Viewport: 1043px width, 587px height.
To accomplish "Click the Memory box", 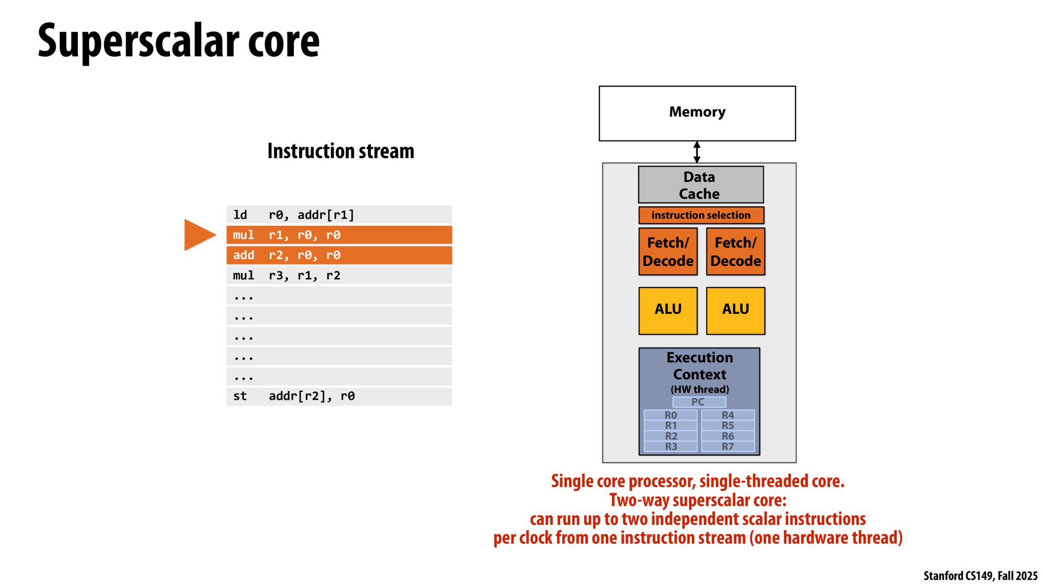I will point(697,113).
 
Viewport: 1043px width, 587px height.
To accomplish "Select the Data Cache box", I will point(700,185).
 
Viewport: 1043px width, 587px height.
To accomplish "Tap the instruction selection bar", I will point(701,215).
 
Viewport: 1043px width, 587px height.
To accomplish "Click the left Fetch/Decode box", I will point(667,251).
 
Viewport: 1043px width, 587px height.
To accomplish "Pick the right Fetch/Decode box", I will point(735,251).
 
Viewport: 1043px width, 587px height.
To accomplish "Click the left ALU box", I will point(667,311).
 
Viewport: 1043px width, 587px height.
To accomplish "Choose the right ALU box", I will point(735,311).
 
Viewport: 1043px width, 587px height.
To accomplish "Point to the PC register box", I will point(699,402).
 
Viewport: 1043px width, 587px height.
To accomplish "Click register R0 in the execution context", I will point(670,415).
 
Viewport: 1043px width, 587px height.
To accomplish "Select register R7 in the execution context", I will point(728,447).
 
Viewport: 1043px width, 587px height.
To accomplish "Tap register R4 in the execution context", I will point(728,415).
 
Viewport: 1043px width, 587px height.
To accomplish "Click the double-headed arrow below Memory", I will point(697,152).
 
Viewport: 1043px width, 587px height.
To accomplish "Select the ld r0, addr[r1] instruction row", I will point(339,215).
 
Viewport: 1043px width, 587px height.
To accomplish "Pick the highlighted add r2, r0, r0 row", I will point(339,255).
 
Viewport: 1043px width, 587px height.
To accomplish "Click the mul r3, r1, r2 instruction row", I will point(339,275).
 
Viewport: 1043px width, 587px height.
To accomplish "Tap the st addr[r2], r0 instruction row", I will point(339,396).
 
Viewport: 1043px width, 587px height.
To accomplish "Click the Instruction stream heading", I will point(340,151).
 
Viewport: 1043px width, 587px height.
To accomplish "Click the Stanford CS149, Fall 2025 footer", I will point(980,576).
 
